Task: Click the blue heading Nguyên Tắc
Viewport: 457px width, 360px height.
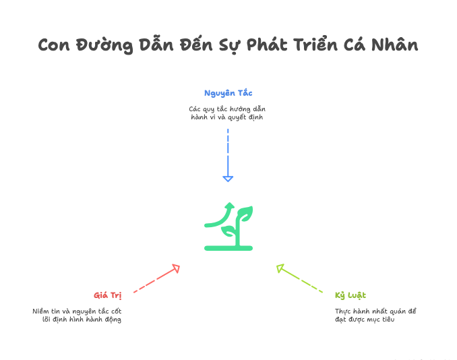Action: click(x=228, y=92)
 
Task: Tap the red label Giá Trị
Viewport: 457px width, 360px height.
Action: click(x=107, y=295)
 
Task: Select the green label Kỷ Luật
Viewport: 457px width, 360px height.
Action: click(x=351, y=295)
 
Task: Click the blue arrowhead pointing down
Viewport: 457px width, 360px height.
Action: click(x=228, y=178)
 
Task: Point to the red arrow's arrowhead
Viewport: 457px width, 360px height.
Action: click(x=176, y=268)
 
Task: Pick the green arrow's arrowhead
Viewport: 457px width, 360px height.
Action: click(x=280, y=269)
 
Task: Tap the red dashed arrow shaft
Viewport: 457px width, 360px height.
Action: click(x=152, y=282)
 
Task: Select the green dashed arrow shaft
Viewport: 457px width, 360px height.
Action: click(x=303, y=281)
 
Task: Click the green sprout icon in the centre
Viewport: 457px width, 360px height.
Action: click(x=228, y=226)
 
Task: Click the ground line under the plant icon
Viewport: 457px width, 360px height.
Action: click(x=228, y=248)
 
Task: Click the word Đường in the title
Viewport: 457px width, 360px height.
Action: click(x=100, y=46)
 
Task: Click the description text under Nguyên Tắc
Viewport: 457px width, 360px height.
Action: click(x=228, y=113)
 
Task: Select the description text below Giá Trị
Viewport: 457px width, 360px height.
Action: click(x=77, y=315)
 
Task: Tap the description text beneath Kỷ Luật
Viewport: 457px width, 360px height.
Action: click(x=376, y=315)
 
